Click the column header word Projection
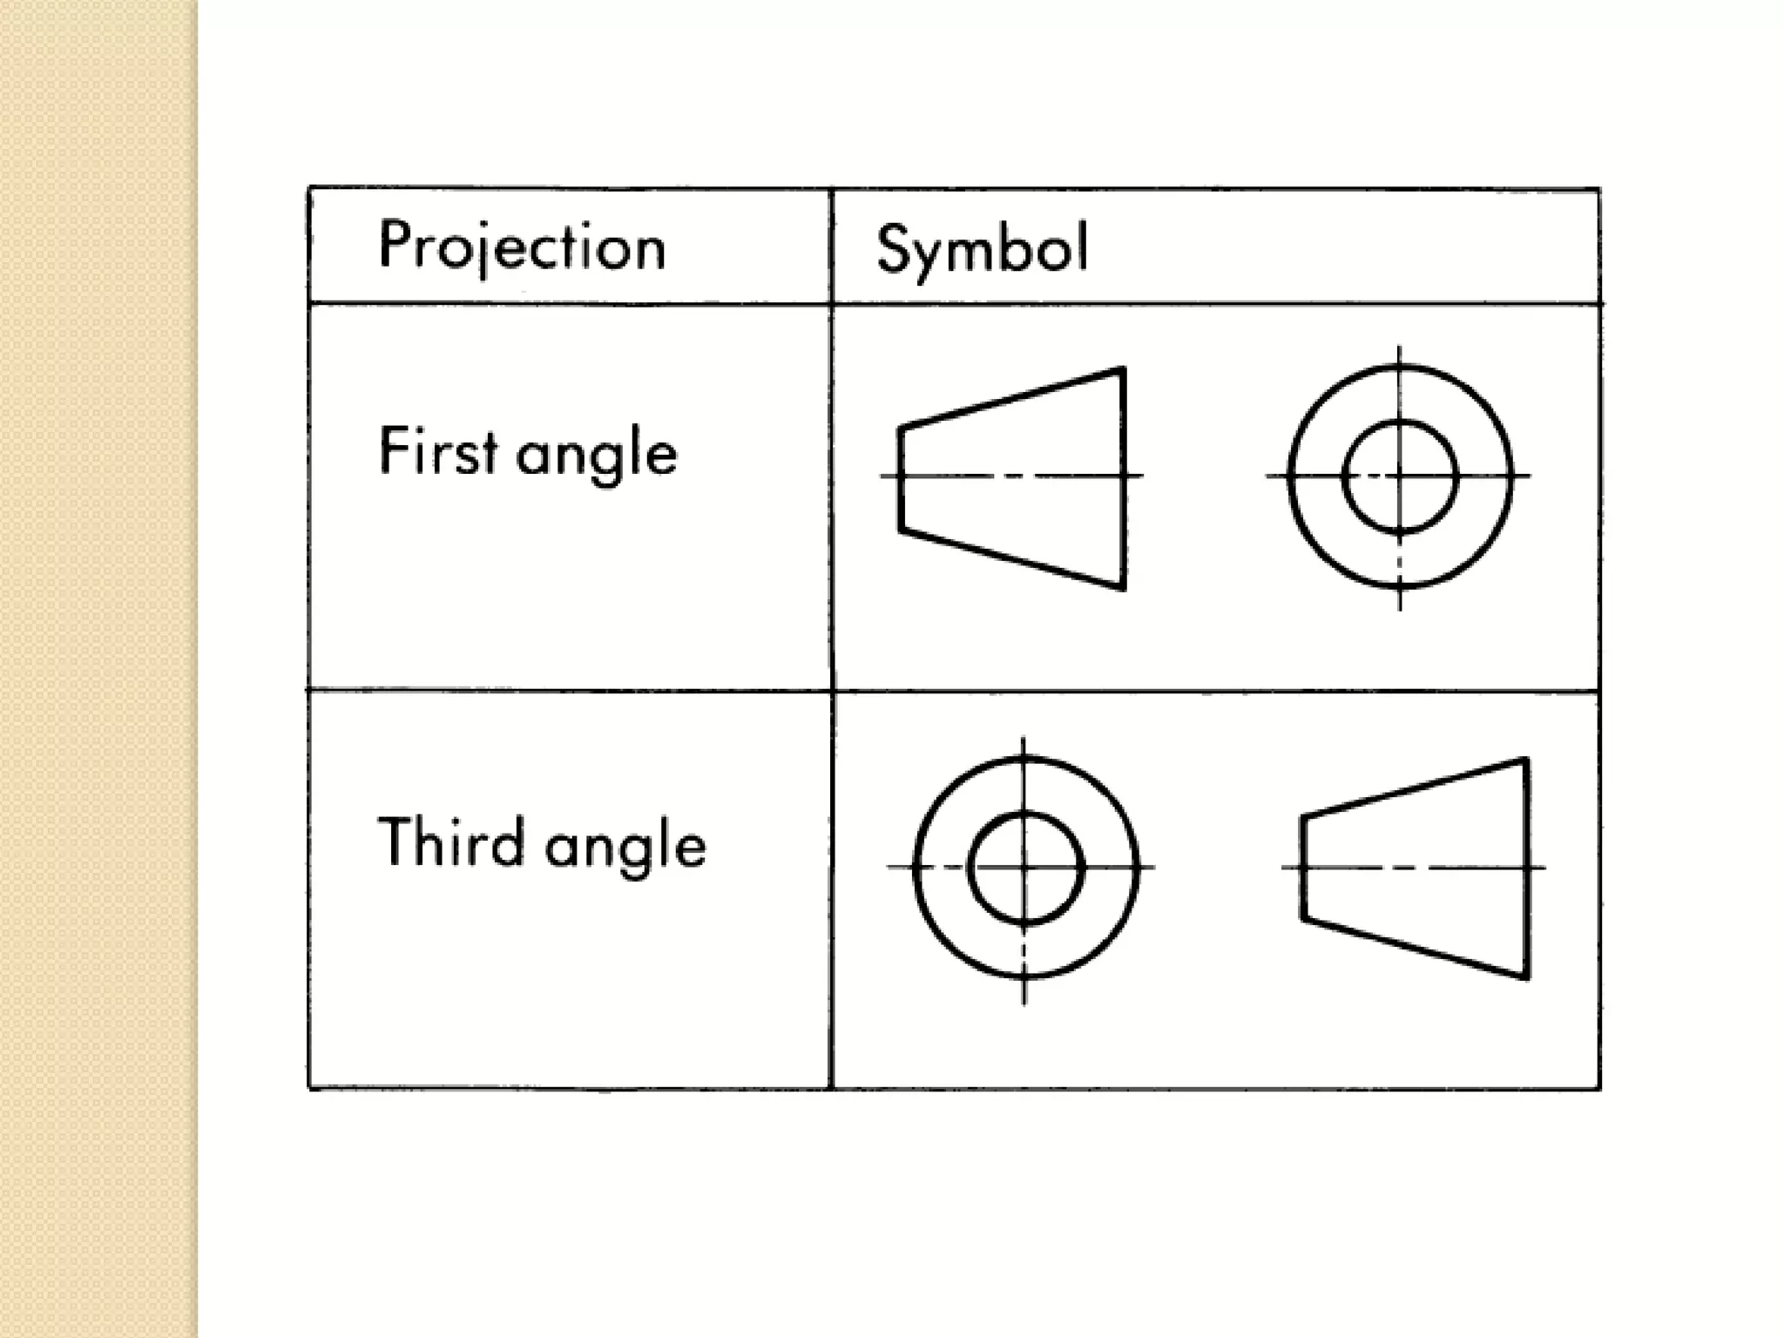click(x=523, y=247)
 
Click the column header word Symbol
click(x=982, y=249)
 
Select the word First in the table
click(x=438, y=451)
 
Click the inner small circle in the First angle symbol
click(x=1399, y=424)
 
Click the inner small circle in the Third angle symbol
click(x=1025, y=816)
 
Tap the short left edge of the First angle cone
click(x=901, y=477)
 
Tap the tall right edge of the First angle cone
click(x=1124, y=479)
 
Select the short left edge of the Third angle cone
click(x=1303, y=868)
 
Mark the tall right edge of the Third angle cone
click(x=1526, y=868)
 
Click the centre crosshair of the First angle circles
click(x=1400, y=476)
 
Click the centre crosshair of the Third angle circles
click(x=1024, y=868)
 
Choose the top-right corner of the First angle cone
click(x=1123, y=370)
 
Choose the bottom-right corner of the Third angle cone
click(x=1527, y=977)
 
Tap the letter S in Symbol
click(x=893, y=248)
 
